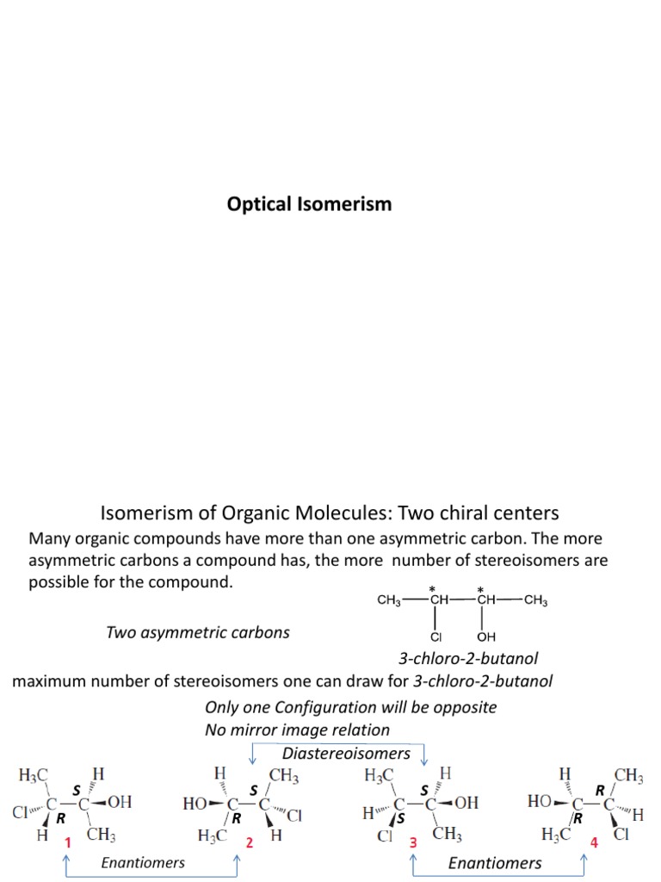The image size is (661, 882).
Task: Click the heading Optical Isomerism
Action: (x=309, y=204)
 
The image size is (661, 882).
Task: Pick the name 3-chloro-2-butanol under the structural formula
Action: (x=467, y=659)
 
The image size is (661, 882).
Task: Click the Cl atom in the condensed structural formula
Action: (x=436, y=638)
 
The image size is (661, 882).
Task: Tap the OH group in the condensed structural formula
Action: (x=486, y=638)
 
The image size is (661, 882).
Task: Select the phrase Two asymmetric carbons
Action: (x=197, y=632)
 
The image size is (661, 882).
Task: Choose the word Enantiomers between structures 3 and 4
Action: (x=495, y=862)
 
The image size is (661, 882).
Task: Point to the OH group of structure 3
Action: (x=466, y=802)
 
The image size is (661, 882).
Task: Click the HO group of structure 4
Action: (x=544, y=801)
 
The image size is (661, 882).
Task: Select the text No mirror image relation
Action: (x=297, y=730)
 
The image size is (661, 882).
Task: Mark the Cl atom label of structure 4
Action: (x=621, y=834)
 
